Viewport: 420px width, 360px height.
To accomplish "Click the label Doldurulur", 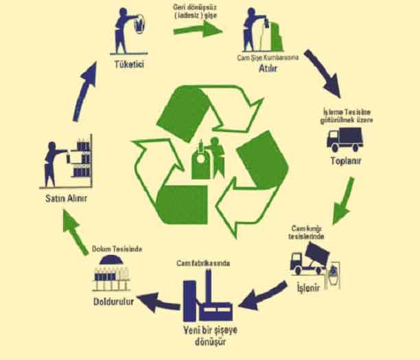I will click(111, 300).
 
